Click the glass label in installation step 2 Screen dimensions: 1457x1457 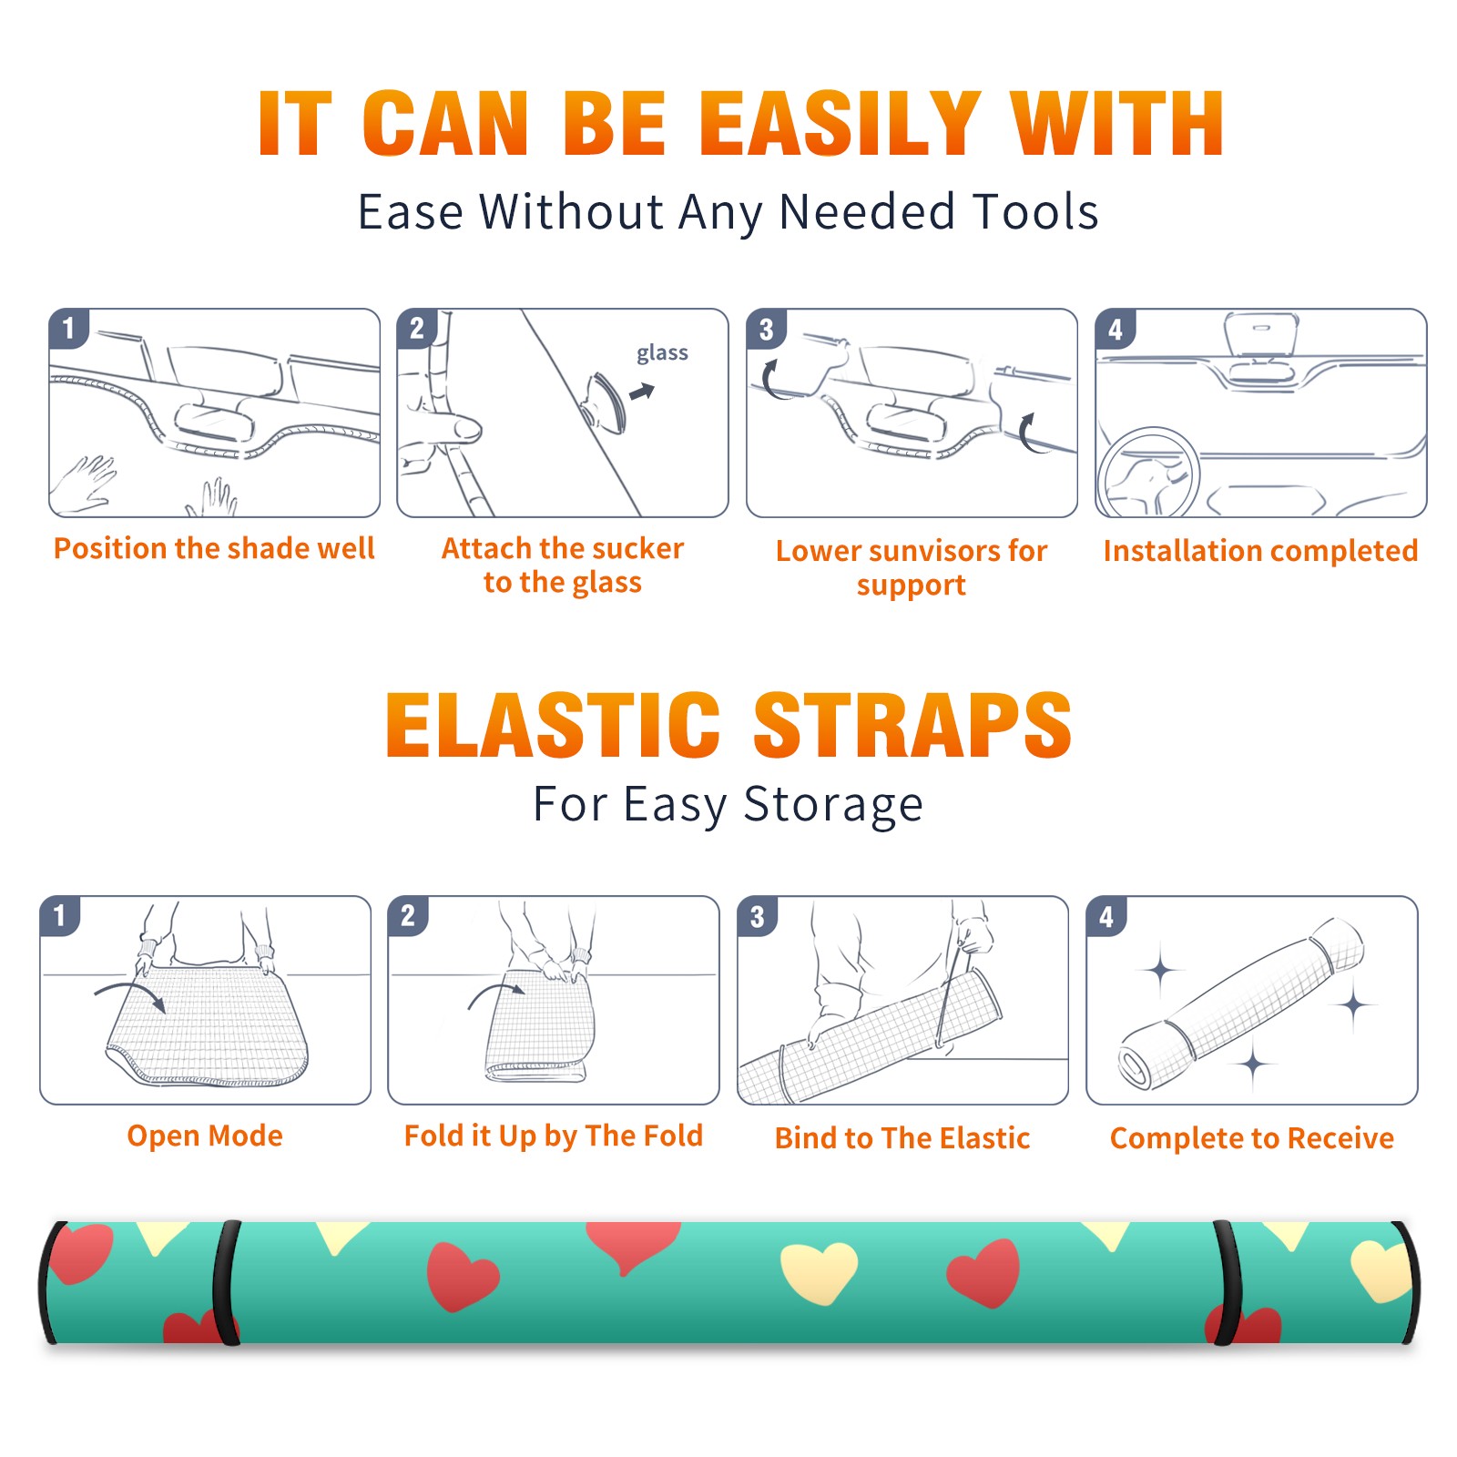click(662, 353)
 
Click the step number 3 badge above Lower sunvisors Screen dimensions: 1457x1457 click(766, 328)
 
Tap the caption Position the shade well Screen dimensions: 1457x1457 click(214, 548)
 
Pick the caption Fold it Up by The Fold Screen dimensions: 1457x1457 click(554, 1136)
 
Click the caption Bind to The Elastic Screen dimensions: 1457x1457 click(902, 1138)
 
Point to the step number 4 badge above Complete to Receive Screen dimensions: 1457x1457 click(1106, 915)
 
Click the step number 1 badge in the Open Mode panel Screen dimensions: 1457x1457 click(60, 915)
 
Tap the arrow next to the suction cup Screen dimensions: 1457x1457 click(642, 392)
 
